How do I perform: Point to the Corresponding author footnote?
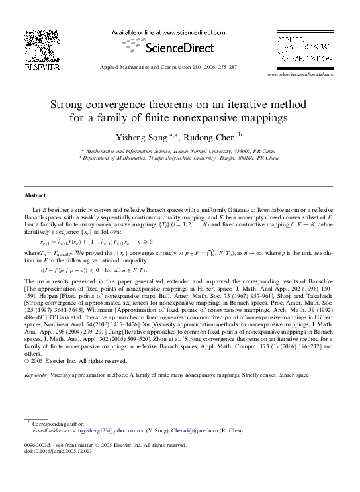58,424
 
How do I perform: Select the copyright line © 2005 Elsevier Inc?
75,361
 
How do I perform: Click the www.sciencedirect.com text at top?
177,32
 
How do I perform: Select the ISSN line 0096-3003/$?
42,445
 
